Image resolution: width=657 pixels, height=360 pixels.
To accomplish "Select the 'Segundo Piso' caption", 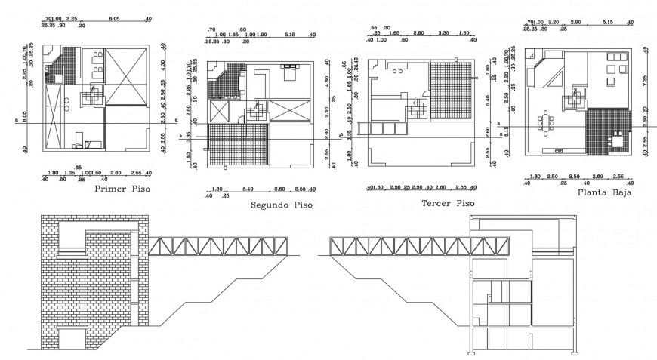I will point(281,205).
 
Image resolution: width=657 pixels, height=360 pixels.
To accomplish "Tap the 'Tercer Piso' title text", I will point(449,203).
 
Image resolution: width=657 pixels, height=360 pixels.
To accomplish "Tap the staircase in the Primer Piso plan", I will point(93,94).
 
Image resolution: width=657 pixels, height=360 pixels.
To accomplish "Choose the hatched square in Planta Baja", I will point(608,130).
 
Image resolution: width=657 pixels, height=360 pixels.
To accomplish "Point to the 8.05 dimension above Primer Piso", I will point(115,17).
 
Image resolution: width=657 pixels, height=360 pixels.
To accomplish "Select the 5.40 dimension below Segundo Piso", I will point(246,189).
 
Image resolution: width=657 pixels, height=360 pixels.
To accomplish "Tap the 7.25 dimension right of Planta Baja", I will point(645,78).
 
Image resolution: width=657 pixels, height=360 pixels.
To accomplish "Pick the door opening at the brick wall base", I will point(72,339).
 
